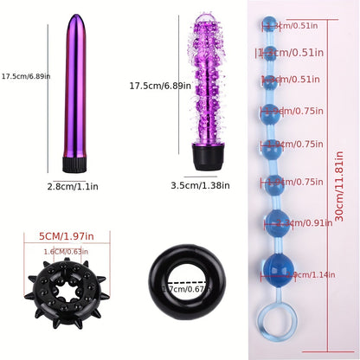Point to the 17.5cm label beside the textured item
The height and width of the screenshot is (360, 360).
coord(152,87)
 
